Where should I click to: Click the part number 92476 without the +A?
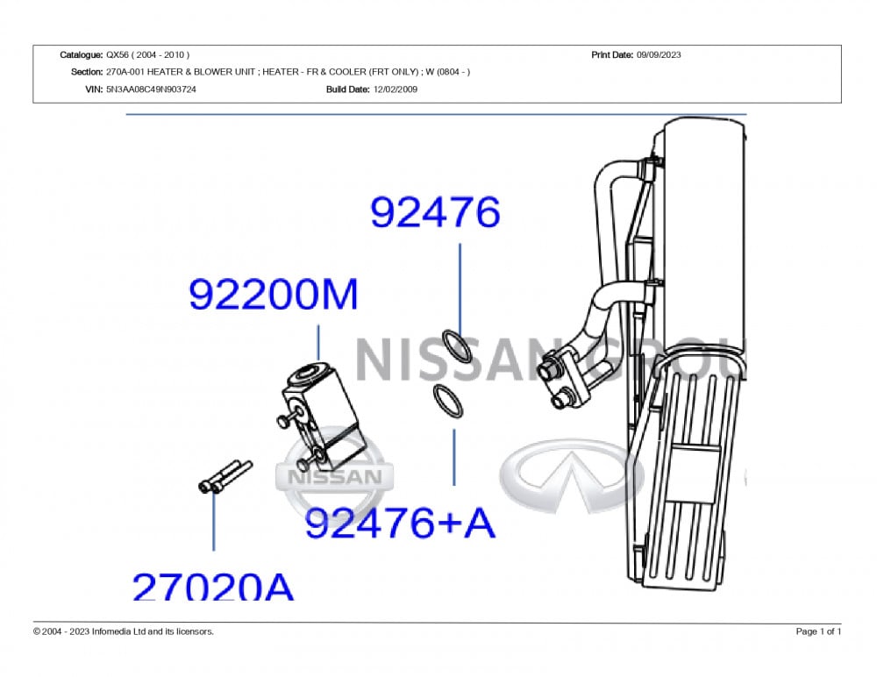435,212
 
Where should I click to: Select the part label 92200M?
273,295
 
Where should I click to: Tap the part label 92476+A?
401,523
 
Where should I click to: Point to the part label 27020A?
212,587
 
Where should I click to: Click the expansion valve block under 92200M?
321,413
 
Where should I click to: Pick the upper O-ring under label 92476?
457,346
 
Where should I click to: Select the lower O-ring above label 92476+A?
448,401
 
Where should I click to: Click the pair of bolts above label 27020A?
225,477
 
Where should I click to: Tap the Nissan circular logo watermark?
334,476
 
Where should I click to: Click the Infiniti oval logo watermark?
572,475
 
